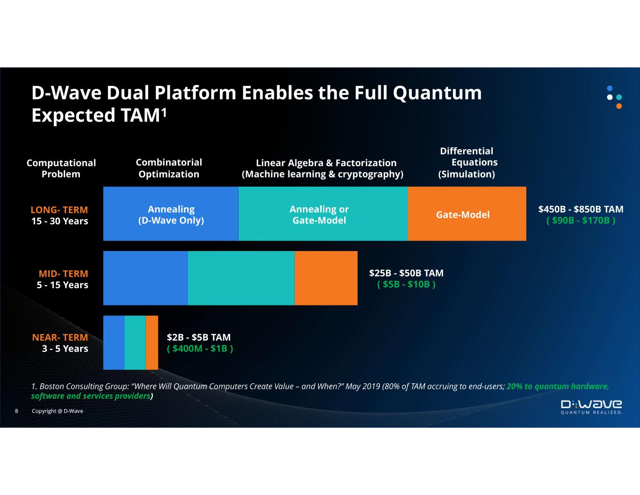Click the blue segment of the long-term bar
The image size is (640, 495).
171,213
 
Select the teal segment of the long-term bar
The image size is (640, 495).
323,213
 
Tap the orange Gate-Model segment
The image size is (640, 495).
467,213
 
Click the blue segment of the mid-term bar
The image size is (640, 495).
145,278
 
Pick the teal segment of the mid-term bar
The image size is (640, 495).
241,278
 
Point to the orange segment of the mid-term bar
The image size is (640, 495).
326,278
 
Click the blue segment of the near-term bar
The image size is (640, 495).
114,343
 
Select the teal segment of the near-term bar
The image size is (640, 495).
135,343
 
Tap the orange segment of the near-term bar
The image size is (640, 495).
152,343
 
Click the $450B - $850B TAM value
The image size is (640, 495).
581,209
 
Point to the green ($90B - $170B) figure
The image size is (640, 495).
581,221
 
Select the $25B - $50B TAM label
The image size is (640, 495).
406,273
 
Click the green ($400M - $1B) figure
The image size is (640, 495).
200,349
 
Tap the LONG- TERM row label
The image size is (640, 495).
59,210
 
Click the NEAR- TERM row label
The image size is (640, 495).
60,337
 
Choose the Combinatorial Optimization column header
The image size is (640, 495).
169,168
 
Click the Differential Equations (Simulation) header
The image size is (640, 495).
467,163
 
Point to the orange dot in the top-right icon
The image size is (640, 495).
619,106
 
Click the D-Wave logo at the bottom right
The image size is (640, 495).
591,407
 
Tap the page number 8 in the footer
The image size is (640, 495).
16,411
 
